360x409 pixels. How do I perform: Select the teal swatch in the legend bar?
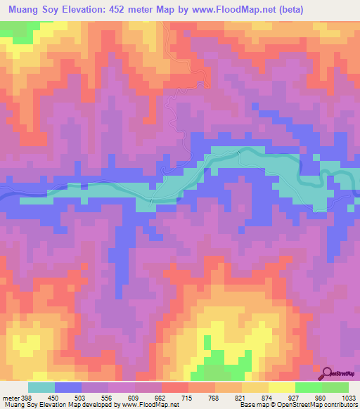(41, 387)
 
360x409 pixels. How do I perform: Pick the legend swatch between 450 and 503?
(68, 387)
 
